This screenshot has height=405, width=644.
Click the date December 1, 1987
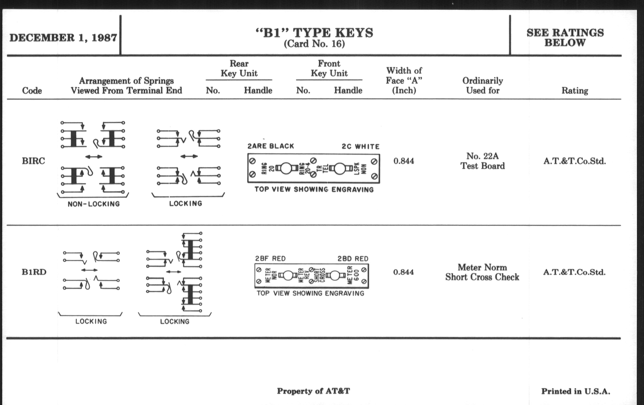coord(63,38)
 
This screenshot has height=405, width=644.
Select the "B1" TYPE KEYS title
coord(314,33)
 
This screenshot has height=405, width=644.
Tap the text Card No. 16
coord(314,44)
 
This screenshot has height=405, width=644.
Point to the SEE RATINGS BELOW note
coord(565,37)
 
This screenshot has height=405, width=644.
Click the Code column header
coord(32,91)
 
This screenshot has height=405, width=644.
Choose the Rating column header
coord(575,91)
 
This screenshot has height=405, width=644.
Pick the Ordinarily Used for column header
coord(483,85)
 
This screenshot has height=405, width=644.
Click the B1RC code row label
coord(33,161)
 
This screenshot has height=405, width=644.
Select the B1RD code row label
coord(34,272)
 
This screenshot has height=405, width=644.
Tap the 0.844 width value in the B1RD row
coord(403,272)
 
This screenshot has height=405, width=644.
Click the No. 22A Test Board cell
coord(482,161)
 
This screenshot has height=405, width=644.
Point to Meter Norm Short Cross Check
coord(482,272)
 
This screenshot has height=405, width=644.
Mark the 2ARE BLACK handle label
coord(271,146)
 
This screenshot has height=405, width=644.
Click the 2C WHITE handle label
coord(360,146)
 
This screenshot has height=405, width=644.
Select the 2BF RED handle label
coord(270,259)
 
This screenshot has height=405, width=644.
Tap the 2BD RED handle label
coord(353,259)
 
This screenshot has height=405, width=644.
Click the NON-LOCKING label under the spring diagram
coord(93,204)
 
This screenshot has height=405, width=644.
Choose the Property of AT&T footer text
coord(313,391)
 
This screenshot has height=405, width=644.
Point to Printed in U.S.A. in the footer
coord(576,391)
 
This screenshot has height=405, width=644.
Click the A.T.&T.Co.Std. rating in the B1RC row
coord(574,161)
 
